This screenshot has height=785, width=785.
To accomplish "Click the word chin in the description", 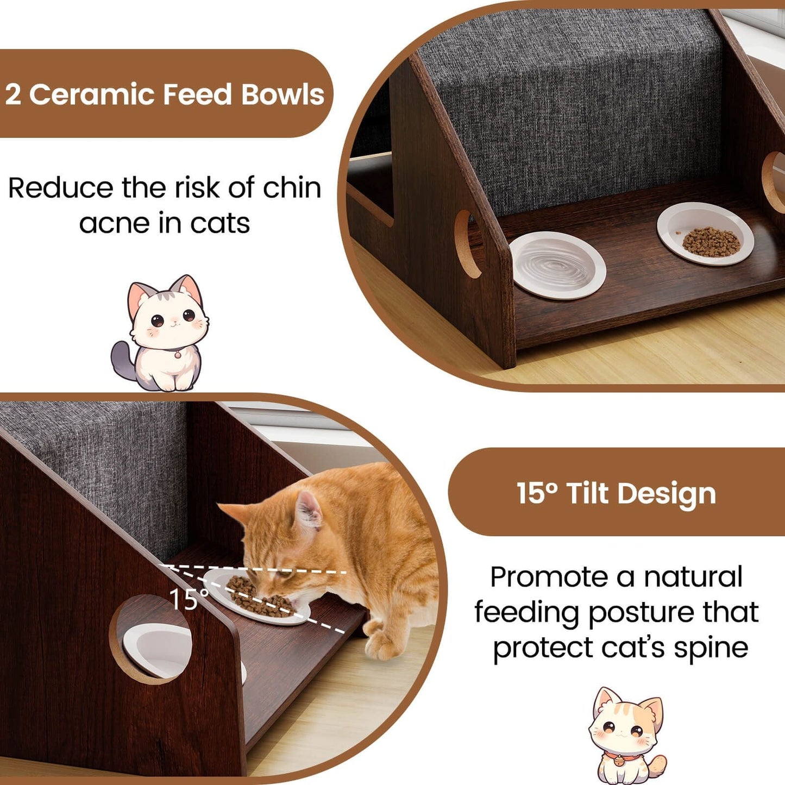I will click(x=292, y=188).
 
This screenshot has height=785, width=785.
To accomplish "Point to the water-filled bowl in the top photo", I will click(x=558, y=265).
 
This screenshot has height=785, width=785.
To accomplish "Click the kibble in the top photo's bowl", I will click(x=711, y=242).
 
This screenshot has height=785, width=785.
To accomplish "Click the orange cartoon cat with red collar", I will click(x=627, y=733).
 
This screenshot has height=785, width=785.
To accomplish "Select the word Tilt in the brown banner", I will click(x=587, y=493).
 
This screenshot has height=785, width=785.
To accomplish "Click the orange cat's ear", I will click(x=307, y=511).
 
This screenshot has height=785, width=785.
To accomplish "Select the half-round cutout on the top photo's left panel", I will click(x=467, y=244).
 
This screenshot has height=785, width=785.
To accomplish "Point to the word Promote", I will click(x=561, y=577).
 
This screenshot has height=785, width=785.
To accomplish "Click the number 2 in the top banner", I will click(x=13, y=95).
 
